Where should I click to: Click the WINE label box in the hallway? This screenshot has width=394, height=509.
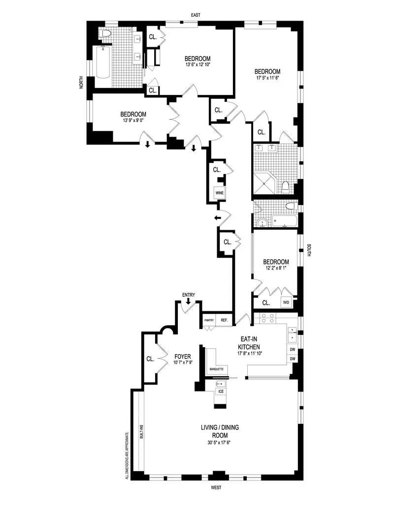point(219,193)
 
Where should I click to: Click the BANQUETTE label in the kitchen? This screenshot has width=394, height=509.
point(217,368)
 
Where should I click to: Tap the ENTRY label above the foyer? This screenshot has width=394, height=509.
point(189,295)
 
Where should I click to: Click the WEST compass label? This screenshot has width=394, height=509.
point(215,488)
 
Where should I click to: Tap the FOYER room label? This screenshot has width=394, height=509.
point(182,356)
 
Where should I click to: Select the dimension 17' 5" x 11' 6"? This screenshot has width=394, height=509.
point(268,78)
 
